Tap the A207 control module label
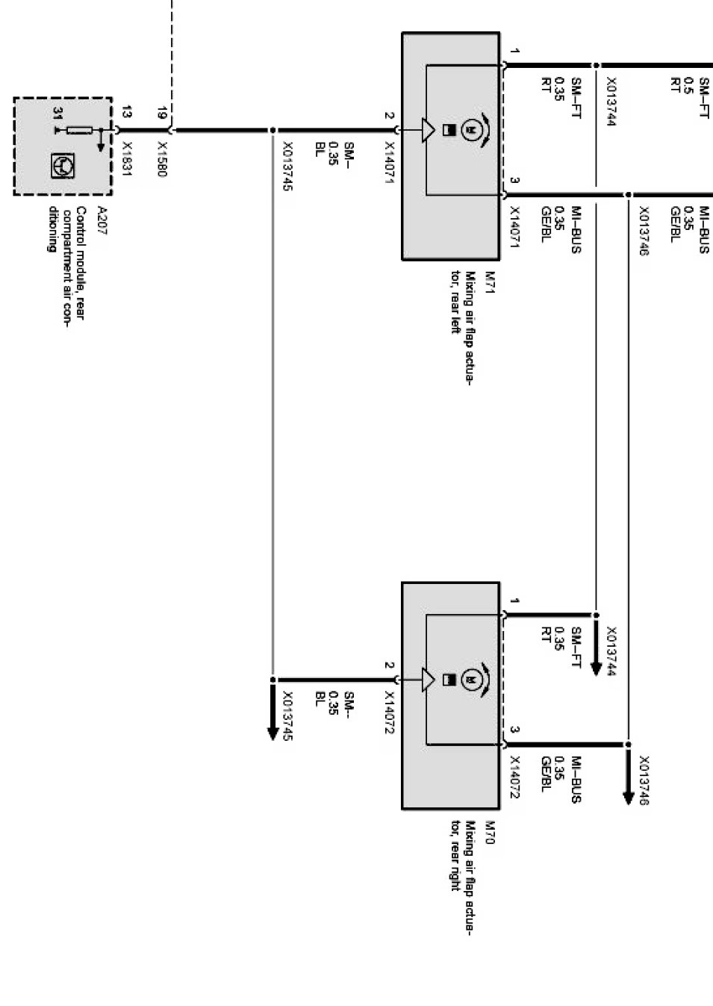click(102, 221)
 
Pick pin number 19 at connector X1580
click(162, 114)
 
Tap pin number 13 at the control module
click(127, 113)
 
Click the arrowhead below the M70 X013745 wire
click(273, 731)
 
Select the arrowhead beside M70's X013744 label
click(595, 667)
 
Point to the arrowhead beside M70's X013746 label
click(628, 796)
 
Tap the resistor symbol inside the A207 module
click(79, 130)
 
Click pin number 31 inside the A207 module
click(57, 114)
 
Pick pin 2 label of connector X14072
click(389, 665)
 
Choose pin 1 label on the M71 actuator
click(515, 52)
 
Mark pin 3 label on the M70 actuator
click(515, 730)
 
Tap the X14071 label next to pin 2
click(389, 164)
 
